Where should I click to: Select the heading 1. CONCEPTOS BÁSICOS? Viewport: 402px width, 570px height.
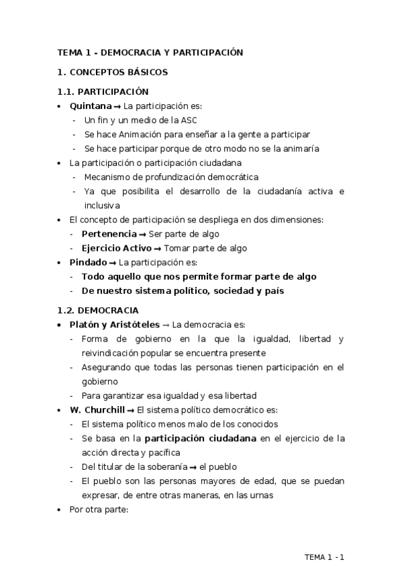click(x=113, y=71)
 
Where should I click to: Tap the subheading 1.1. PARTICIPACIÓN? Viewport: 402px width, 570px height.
click(x=103, y=91)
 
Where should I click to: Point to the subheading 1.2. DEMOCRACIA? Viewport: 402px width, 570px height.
click(x=98, y=310)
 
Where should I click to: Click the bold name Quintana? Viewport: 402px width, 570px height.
click(x=91, y=106)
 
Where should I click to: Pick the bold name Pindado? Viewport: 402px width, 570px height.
click(x=88, y=262)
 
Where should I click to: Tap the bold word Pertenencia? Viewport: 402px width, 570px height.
click(x=108, y=234)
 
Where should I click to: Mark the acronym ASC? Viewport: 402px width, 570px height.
click(x=189, y=120)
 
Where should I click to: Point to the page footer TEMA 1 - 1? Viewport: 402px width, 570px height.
click(x=324, y=557)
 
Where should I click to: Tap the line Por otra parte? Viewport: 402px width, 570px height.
click(x=98, y=510)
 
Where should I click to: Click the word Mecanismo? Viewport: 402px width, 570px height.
click(x=107, y=177)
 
